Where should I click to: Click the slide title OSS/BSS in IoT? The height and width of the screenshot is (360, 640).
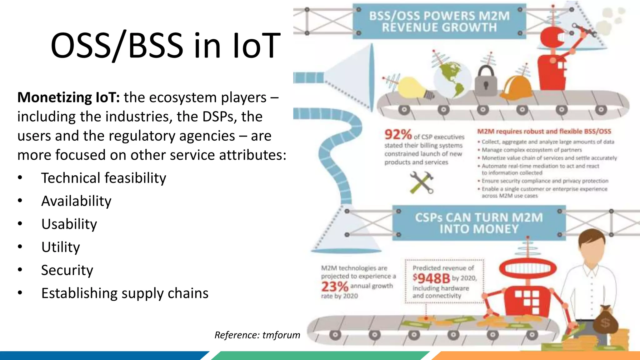(166, 46)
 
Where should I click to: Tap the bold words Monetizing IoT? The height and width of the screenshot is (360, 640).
(68, 97)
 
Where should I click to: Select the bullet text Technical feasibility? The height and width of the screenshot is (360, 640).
(103, 178)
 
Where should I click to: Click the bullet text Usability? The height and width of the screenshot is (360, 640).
(69, 224)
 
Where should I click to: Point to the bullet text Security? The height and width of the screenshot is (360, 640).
(67, 270)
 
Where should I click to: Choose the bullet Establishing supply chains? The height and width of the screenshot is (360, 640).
(125, 293)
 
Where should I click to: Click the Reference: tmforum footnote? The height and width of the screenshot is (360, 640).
(257, 335)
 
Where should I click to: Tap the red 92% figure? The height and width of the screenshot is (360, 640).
(398, 135)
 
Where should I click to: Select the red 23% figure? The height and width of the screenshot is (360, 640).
(335, 287)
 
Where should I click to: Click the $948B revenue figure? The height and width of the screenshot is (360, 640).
(431, 278)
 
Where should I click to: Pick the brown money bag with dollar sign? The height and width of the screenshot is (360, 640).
(605, 320)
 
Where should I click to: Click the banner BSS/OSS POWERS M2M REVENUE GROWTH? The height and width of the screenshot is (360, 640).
(439, 22)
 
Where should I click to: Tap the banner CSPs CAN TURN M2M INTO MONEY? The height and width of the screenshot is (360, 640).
(479, 223)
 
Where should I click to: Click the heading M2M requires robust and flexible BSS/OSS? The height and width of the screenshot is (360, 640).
(544, 132)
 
